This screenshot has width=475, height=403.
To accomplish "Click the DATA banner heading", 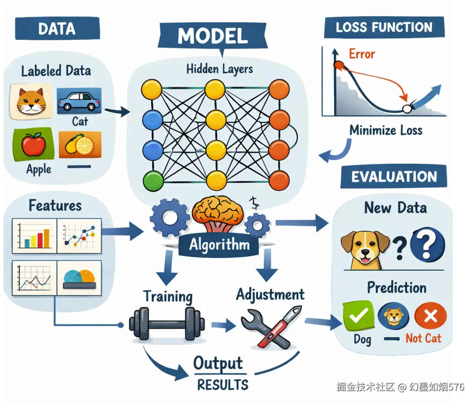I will (57, 28).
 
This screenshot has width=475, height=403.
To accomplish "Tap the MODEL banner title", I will (213, 36).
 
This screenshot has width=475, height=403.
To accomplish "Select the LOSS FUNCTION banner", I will (384, 27).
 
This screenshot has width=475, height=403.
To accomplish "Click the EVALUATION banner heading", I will (394, 177).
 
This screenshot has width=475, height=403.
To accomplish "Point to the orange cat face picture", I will (31, 102).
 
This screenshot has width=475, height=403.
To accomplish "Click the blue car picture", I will (79, 101).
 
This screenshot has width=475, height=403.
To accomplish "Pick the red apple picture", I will (33, 144).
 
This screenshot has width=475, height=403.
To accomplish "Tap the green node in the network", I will (153, 181).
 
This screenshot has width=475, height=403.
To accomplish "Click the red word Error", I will (362, 54).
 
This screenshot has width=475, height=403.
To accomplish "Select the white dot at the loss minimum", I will (407, 109).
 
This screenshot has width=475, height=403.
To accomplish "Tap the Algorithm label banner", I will (219, 245).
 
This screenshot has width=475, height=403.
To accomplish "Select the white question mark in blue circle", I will (427, 245).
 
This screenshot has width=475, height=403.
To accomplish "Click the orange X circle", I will (431, 316).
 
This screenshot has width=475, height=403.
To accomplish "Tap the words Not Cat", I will (423, 338).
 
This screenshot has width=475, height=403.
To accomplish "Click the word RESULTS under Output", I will (223, 385).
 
